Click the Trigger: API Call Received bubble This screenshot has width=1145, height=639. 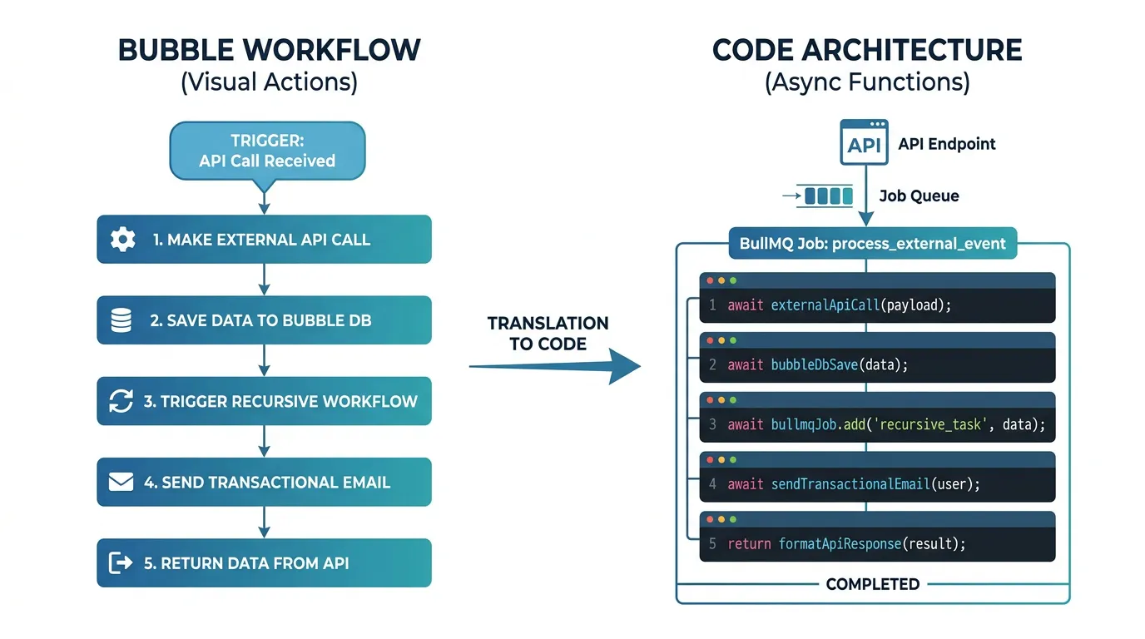click(266, 151)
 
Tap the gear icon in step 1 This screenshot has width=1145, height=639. click(122, 240)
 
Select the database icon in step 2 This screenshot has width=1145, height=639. click(121, 320)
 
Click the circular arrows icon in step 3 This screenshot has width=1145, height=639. click(121, 401)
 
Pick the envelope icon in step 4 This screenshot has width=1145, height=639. click(121, 482)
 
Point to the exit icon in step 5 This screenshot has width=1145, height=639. click(121, 563)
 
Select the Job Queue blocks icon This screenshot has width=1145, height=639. click(828, 196)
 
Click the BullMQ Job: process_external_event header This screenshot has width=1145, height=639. click(873, 244)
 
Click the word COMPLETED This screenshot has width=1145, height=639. click(872, 584)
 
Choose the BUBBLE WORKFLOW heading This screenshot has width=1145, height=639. click(269, 50)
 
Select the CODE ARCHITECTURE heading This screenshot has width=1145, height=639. click(867, 50)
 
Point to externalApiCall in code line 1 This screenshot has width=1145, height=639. click(825, 305)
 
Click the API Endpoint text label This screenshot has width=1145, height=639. click(946, 144)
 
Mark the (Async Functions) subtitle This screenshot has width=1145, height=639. click(867, 83)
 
